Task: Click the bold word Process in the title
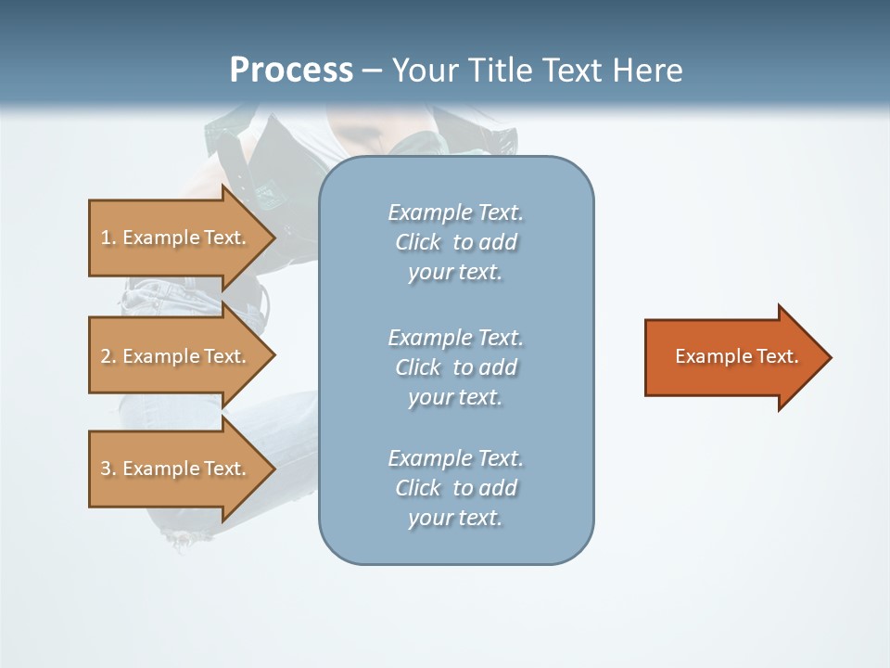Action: click(292, 71)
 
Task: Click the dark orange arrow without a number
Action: click(739, 357)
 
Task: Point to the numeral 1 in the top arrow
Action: click(105, 238)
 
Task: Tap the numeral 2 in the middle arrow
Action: click(106, 356)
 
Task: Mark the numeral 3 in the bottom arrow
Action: click(106, 468)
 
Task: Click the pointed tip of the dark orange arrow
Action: click(833, 357)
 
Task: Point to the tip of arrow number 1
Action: click(276, 238)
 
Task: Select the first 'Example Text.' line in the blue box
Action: click(456, 212)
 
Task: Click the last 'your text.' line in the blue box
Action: click(455, 518)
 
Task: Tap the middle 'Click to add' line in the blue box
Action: click(456, 367)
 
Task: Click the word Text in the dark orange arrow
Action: click(778, 356)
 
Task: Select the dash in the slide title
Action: click(373, 71)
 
